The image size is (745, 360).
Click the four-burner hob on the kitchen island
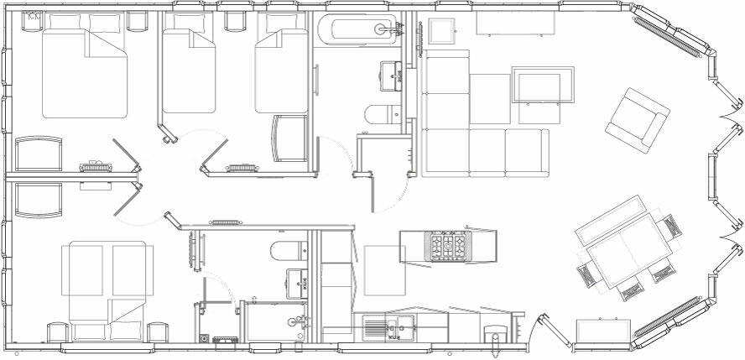point(446,245)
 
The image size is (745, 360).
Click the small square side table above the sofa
point(443,32)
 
